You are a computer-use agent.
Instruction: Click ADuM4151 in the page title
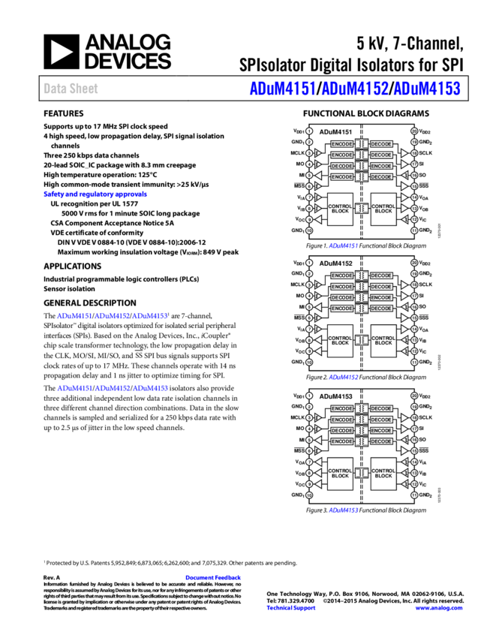(282, 89)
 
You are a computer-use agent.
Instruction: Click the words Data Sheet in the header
(71, 89)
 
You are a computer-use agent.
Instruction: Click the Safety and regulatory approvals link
(95, 194)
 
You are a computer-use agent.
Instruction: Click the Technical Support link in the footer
(291, 608)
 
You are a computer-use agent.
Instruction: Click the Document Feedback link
(213, 577)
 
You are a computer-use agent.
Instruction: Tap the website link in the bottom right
(439, 608)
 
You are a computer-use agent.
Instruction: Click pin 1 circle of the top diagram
(309, 131)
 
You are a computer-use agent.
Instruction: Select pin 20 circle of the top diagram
(414, 131)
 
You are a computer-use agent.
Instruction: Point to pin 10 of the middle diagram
(309, 363)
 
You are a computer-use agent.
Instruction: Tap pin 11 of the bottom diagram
(414, 495)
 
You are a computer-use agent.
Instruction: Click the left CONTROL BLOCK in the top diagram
(341, 209)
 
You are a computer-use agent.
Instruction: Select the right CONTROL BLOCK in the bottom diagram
(383, 474)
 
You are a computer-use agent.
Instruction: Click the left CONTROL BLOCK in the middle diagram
(341, 341)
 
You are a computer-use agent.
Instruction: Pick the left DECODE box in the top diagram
(342, 166)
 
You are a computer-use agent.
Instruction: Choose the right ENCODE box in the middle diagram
(381, 298)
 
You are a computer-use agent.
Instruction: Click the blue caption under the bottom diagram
(343, 510)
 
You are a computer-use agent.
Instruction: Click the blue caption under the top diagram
(343, 245)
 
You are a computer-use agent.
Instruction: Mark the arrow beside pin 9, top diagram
(318, 220)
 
